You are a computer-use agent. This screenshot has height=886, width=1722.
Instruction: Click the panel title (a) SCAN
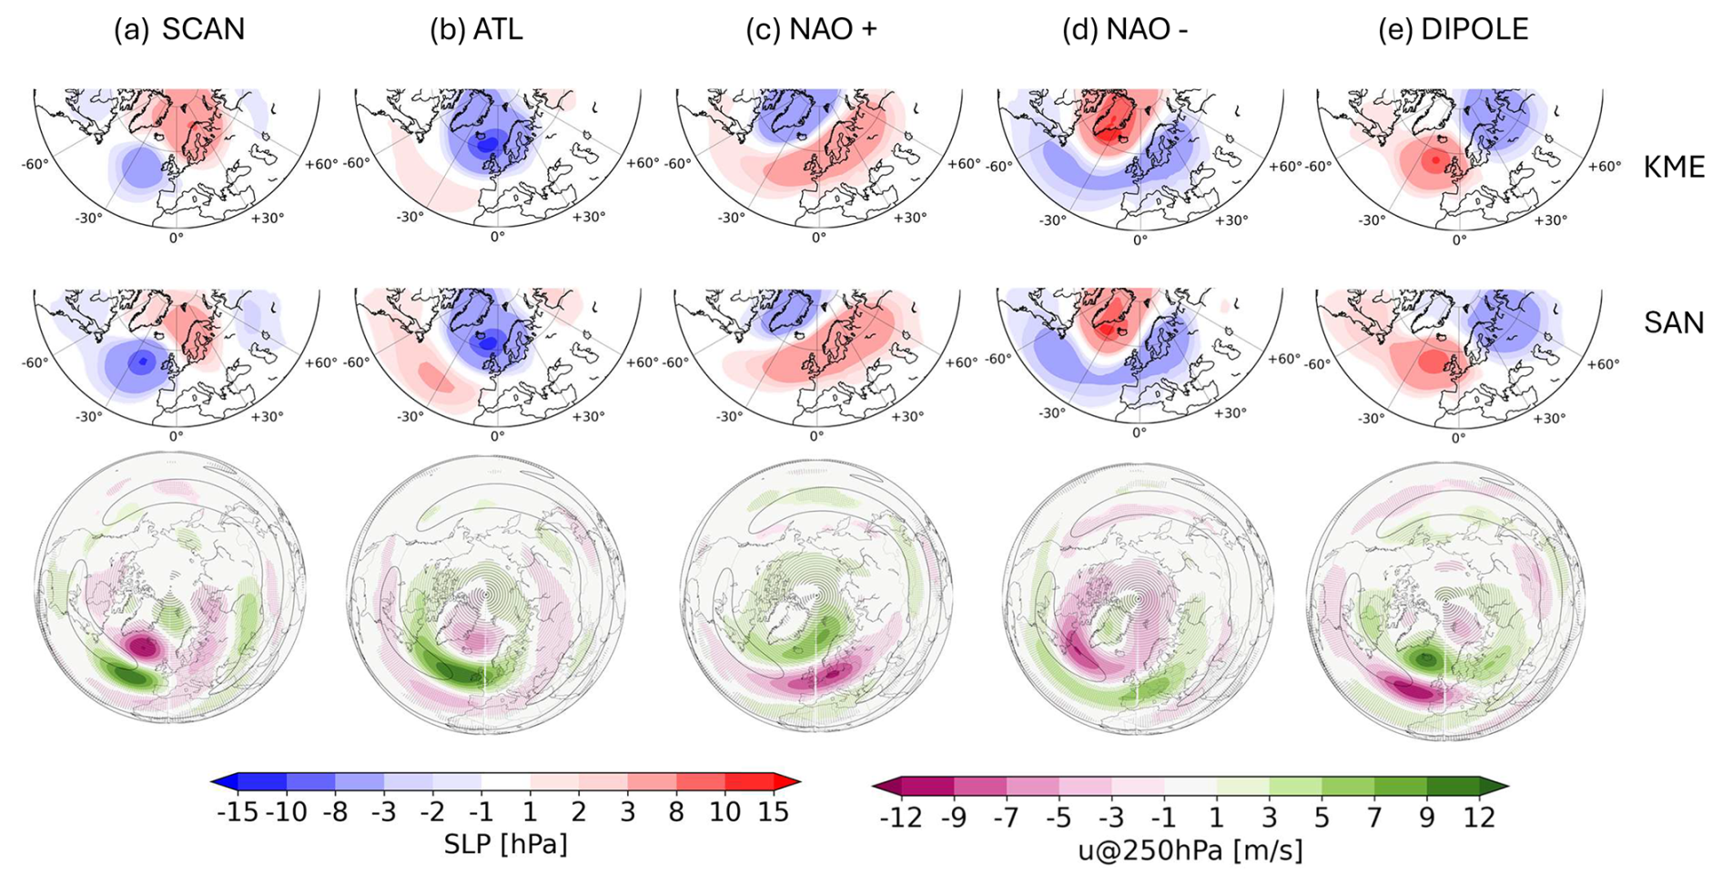(179, 29)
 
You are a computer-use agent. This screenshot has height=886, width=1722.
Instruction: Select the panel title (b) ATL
(476, 29)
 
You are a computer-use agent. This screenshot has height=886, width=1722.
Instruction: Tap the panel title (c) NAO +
(811, 29)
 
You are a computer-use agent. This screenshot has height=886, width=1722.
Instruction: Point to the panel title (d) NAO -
(1125, 29)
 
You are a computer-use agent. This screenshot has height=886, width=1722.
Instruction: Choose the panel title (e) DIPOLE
(1453, 29)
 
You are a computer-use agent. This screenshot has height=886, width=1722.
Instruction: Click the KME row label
(1673, 168)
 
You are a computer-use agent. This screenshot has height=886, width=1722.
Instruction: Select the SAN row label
(1673, 322)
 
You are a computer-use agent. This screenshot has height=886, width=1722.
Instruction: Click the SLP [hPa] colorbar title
(505, 844)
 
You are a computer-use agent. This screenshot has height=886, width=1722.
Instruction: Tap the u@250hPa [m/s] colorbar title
(1190, 850)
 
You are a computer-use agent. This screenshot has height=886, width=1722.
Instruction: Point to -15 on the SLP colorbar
(238, 812)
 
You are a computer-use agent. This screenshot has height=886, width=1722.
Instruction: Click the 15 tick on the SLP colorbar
(774, 812)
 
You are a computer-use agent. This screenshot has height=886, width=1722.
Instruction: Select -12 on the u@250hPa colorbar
(900, 817)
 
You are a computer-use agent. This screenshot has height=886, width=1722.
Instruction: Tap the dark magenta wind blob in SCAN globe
(143, 647)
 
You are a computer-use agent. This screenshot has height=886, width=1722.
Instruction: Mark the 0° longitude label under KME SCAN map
(176, 237)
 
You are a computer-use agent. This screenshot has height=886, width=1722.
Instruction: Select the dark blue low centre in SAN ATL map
(489, 342)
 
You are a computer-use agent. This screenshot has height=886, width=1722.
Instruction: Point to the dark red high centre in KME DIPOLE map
(1435, 160)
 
